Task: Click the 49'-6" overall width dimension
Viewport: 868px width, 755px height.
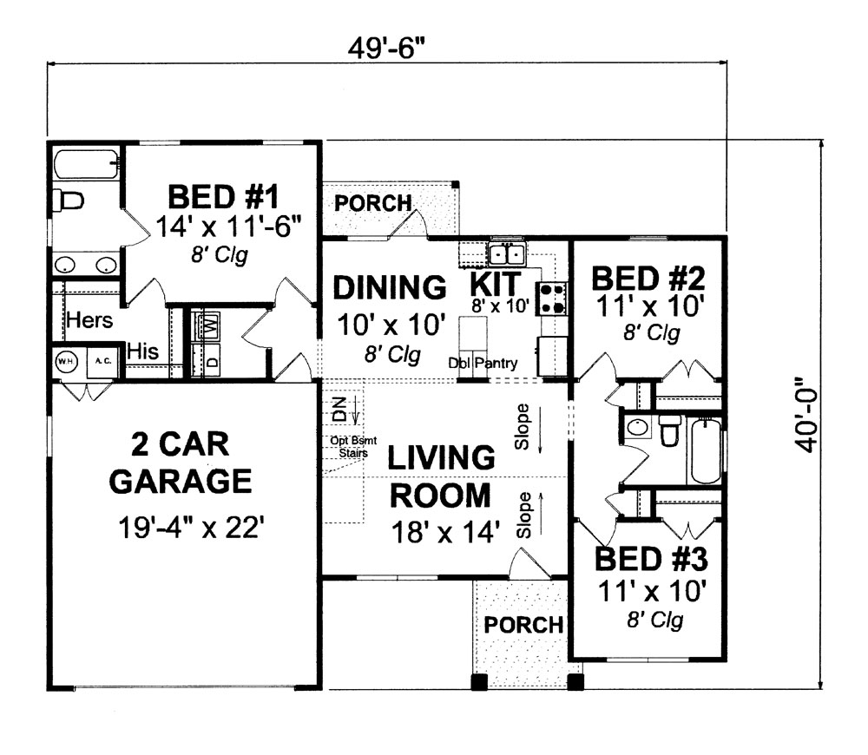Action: coord(387,49)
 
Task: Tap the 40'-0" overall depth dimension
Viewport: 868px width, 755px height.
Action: coord(807,415)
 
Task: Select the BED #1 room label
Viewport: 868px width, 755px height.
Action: coord(224,197)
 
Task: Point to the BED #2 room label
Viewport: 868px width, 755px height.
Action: coord(648,279)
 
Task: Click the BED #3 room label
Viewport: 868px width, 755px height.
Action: coord(651,559)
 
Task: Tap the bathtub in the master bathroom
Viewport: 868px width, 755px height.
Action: coord(86,164)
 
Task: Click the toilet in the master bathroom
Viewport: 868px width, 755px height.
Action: coord(68,200)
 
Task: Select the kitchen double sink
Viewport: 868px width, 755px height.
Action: coord(507,254)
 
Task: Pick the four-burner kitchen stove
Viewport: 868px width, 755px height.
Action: coord(551,299)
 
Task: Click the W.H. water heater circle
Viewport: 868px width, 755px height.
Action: coord(67,362)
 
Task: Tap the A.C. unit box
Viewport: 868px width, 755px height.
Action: coord(103,362)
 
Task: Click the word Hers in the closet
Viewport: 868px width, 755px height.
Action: coord(89,320)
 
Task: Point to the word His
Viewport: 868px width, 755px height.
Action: coord(143,351)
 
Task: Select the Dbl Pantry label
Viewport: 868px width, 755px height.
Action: coord(483,363)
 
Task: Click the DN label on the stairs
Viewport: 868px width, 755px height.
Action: coord(340,410)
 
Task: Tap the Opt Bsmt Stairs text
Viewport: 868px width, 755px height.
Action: coord(353,447)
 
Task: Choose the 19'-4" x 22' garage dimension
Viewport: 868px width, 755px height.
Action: coord(188,528)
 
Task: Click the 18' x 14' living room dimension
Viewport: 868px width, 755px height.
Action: coord(445,533)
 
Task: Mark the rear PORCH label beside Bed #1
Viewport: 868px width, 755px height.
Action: coord(373,203)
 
